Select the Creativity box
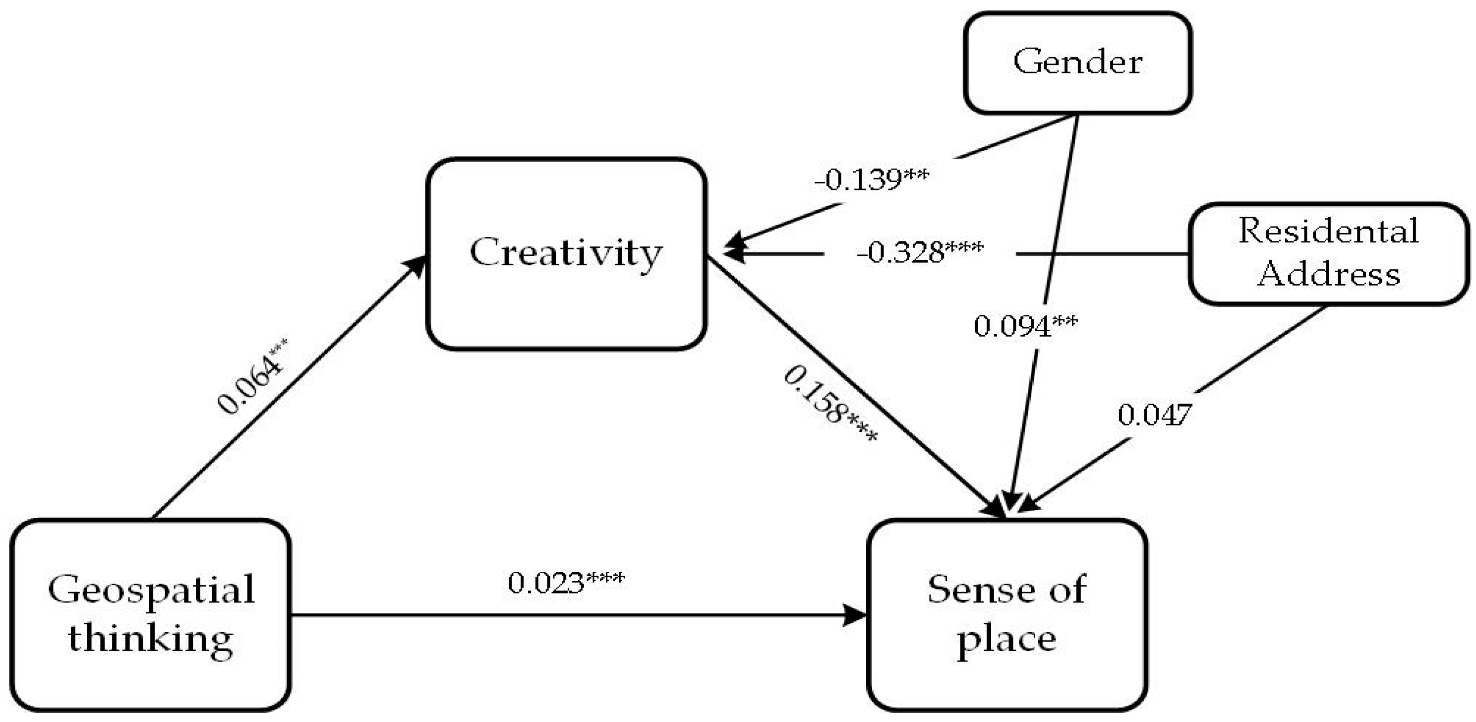click(x=566, y=254)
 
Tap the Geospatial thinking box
click(x=151, y=615)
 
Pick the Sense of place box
click(x=1007, y=615)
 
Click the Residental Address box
click(x=1328, y=253)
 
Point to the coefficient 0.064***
click(x=252, y=376)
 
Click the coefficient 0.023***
click(x=566, y=583)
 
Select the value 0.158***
click(x=829, y=405)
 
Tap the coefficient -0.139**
click(x=872, y=180)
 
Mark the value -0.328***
click(x=920, y=252)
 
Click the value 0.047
click(x=1155, y=414)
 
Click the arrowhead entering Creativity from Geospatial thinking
click(x=417, y=265)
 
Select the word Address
click(x=1328, y=274)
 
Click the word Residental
click(x=1328, y=232)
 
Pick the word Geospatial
click(x=151, y=590)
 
